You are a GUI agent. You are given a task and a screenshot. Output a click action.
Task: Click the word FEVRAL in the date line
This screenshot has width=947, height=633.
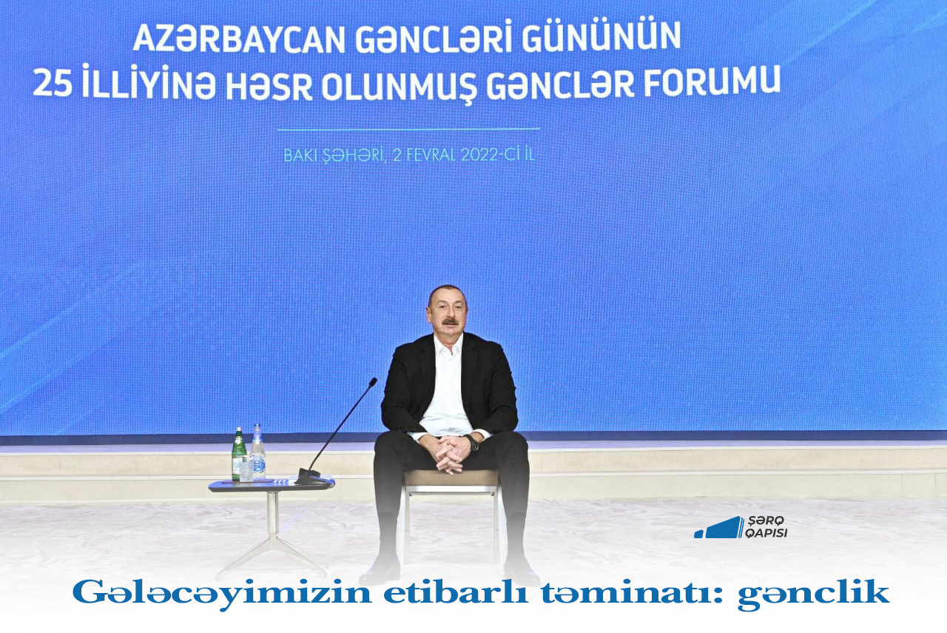431,155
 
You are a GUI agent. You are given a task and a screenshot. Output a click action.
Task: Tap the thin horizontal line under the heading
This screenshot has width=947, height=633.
408,129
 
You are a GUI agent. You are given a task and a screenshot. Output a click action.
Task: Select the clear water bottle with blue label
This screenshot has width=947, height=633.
258,451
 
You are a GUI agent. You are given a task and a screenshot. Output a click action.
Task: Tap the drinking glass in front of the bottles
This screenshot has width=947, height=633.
246,468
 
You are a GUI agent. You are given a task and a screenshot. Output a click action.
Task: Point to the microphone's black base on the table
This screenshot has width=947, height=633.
312,477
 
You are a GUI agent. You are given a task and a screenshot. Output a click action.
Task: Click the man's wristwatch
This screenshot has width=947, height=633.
473,443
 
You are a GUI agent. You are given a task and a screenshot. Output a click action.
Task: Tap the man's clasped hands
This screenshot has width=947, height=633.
452,453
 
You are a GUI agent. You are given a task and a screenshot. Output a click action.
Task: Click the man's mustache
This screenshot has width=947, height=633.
450,323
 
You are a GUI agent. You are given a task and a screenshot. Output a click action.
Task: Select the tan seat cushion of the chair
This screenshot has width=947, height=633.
451,478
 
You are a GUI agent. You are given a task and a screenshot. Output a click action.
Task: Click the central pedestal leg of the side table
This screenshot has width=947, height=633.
273,520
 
